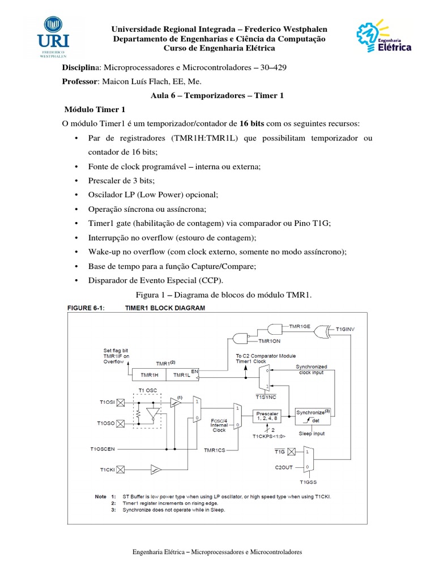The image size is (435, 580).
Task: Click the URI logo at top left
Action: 54,37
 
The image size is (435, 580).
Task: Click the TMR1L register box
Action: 182,374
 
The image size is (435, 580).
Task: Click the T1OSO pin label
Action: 107,423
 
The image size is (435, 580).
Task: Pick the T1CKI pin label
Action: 108,470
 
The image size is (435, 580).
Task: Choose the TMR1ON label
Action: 270,342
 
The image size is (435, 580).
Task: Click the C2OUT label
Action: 284,467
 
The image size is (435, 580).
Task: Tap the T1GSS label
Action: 308,483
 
